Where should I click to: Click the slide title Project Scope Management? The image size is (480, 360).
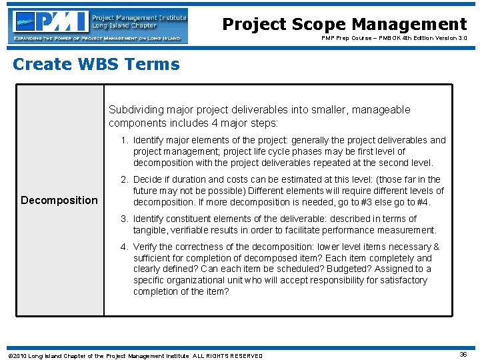(x=344, y=25)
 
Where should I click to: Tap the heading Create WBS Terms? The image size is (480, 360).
(x=96, y=65)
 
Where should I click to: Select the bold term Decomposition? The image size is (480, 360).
(x=59, y=200)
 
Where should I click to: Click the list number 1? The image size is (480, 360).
(x=125, y=140)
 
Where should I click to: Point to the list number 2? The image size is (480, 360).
(x=125, y=179)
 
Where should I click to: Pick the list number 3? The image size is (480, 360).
(x=125, y=219)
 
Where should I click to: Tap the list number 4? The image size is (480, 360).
(x=125, y=247)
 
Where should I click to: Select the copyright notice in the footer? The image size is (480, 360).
(x=134, y=355)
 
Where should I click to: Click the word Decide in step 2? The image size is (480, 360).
(x=147, y=179)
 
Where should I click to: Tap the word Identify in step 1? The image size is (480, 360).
(x=150, y=140)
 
